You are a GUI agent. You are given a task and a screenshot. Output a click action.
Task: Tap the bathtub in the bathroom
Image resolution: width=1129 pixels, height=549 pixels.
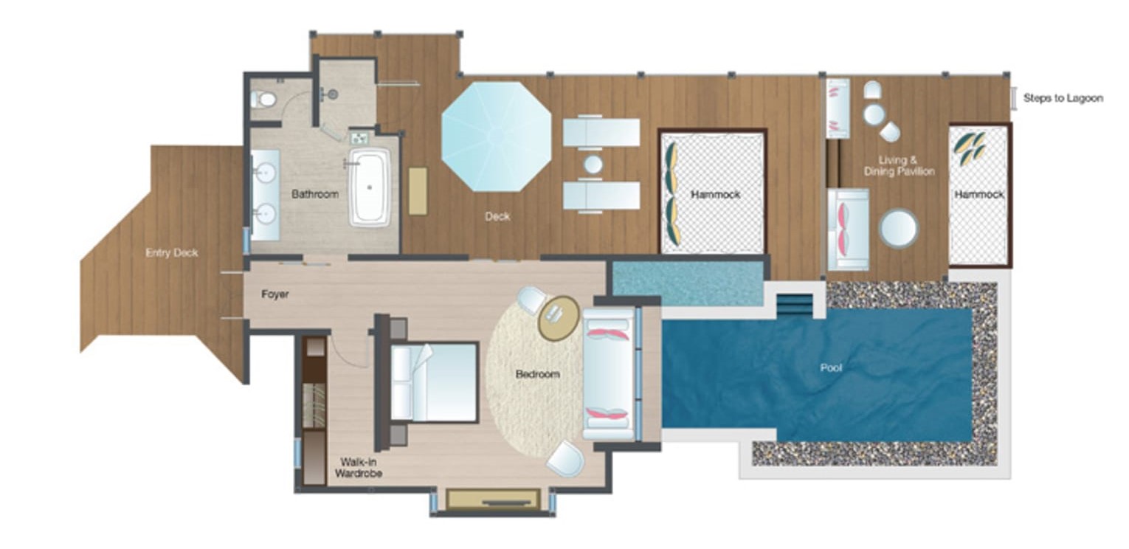click(x=370, y=187)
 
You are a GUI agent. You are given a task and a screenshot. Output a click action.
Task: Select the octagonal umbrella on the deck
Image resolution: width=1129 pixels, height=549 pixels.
click(x=497, y=137)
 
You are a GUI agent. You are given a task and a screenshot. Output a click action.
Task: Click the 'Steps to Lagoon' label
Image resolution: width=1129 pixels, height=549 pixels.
click(x=1063, y=98)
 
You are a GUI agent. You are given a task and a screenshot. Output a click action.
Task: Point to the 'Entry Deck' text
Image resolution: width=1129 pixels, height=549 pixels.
click(x=172, y=252)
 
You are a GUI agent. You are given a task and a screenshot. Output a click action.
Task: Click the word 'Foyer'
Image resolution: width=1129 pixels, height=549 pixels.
click(x=275, y=294)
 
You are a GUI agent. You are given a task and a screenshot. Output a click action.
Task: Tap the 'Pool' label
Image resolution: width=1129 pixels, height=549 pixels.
click(x=831, y=367)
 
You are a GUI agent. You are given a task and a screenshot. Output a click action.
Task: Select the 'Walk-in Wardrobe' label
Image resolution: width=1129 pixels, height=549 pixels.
click(x=359, y=467)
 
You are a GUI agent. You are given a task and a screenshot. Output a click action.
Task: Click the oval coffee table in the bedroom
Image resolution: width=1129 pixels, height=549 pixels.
click(x=559, y=318)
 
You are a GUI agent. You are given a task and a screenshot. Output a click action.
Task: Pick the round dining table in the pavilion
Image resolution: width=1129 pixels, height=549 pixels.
click(x=898, y=228)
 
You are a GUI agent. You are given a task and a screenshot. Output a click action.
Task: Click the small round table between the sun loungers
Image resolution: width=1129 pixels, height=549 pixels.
click(x=593, y=165)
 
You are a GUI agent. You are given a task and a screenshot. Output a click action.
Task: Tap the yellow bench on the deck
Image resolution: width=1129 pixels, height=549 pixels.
click(x=418, y=191)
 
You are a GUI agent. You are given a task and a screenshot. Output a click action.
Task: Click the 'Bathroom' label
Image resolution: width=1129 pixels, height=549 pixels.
click(x=315, y=194)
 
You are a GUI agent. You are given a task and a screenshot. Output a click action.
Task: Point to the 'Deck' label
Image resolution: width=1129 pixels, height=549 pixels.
click(x=497, y=216)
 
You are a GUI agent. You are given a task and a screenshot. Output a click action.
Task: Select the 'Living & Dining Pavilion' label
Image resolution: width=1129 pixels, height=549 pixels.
click(x=900, y=166)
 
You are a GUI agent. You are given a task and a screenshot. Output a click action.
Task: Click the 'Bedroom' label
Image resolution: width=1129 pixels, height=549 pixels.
click(x=537, y=374)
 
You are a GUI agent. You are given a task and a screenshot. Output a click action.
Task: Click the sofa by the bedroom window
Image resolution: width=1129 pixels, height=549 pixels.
click(x=609, y=373)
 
